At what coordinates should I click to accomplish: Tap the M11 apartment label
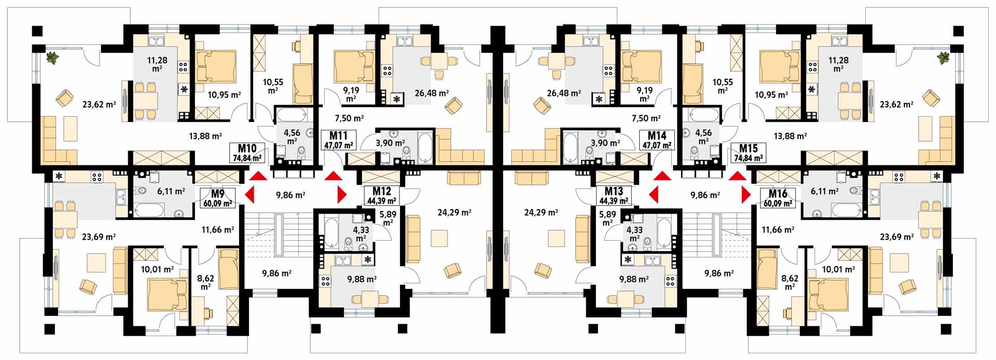pyautogui.click(x=339, y=136)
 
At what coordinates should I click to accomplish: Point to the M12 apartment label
pyautogui.click(x=382, y=191)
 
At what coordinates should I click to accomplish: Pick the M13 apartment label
pyautogui.click(x=614, y=191)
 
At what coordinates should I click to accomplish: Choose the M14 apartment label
pyautogui.click(x=657, y=136)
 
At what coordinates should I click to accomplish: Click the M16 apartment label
pyautogui.click(x=778, y=193)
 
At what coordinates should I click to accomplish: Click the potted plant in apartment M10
pyautogui.click(x=53, y=58)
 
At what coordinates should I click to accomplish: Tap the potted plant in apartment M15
pyautogui.click(x=943, y=58)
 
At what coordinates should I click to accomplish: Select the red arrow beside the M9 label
pyautogui.click(x=250, y=195)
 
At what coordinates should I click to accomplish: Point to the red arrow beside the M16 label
pyautogui.click(x=746, y=195)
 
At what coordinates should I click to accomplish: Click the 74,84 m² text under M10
pyautogui.click(x=247, y=158)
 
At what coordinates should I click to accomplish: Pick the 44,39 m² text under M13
pyautogui.click(x=614, y=201)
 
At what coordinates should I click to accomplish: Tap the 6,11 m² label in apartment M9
pyautogui.click(x=171, y=191)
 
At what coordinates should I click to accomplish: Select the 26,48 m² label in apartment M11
pyautogui.click(x=432, y=93)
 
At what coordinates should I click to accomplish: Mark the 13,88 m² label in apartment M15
pyautogui.click(x=790, y=136)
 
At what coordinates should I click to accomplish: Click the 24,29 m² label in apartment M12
pyautogui.click(x=454, y=212)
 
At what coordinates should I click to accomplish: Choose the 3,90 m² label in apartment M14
pyautogui.click(x=605, y=143)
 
